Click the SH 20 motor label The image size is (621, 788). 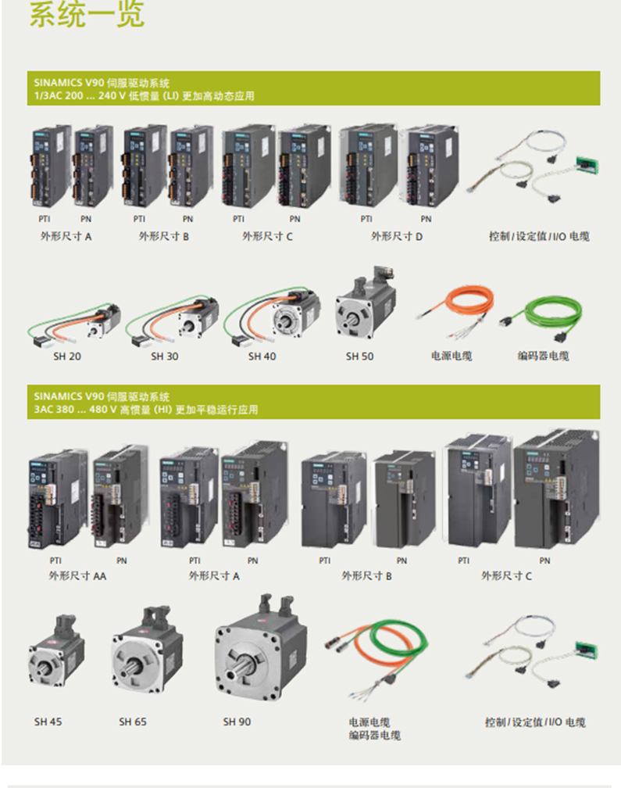pos(66,356)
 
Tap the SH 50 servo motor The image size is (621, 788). pos(365,305)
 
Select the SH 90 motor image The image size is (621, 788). pos(261,649)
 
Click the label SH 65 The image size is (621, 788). pos(133,722)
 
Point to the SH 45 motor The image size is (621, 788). pos(56,652)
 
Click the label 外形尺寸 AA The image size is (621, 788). pos(77,576)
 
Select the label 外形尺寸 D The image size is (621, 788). pos(397,236)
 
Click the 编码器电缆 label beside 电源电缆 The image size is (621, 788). pos(543,356)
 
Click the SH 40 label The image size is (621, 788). pos(262,356)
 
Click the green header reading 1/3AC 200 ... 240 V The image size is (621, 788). pos(313,88)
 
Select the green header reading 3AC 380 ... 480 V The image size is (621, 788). pos(313,402)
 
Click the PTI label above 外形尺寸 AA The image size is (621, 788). pos(55,561)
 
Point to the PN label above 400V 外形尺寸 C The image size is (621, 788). pos(544,561)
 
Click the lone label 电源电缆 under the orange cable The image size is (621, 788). pos(451,356)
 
